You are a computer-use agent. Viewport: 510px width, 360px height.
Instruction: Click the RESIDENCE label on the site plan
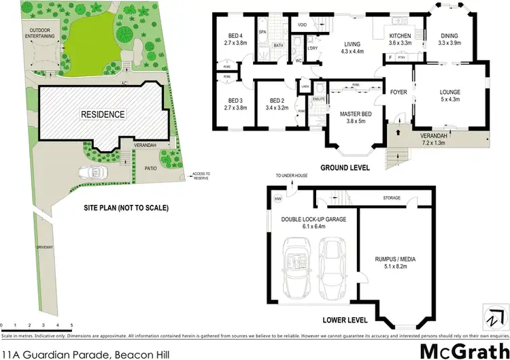point(103,114)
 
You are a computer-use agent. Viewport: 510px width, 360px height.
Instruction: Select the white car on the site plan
point(92,173)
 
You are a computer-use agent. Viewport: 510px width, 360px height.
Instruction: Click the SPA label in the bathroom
point(262,31)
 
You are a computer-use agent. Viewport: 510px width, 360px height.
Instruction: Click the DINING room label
point(449,35)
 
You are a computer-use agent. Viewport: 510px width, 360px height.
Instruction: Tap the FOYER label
point(398,92)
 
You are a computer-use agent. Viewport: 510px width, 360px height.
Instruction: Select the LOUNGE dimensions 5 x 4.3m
point(449,101)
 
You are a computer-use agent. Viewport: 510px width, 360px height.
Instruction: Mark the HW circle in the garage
point(277,199)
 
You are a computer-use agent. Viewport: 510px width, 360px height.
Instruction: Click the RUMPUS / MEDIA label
point(395,258)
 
